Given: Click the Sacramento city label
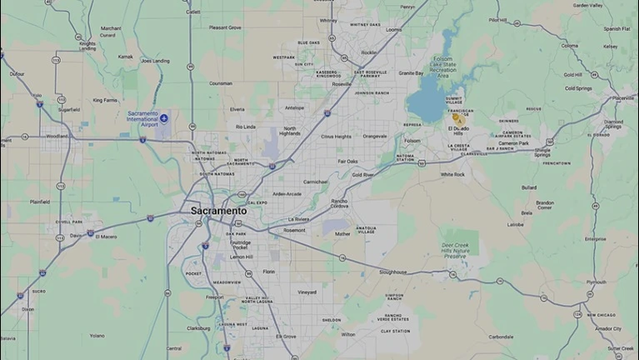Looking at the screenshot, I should pyautogui.click(x=218, y=211).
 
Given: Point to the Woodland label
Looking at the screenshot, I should pyautogui.click(x=57, y=136).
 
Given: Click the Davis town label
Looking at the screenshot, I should pyautogui.click(x=76, y=235).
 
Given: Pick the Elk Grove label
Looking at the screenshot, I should pyautogui.click(x=286, y=336).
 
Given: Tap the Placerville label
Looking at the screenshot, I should pyautogui.click(x=622, y=97).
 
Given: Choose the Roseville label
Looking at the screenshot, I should pyautogui.click(x=342, y=84).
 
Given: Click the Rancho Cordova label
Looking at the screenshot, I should pyautogui.click(x=339, y=203).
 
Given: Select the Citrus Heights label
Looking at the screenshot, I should pyautogui.click(x=336, y=136).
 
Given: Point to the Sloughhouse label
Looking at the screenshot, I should pyautogui.click(x=393, y=272).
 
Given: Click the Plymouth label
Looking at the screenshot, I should pyautogui.click(x=597, y=282).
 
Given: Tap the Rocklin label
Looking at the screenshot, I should pyautogui.click(x=367, y=52).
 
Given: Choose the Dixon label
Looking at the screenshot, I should pyautogui.click(x=28, y=309).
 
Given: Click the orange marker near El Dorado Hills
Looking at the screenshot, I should pyautogui.click(x=457, y=119).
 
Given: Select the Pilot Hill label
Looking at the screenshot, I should pyautogui.click(x=498, y=19).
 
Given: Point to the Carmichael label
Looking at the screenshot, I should pyautogui.click(x=315, y=181).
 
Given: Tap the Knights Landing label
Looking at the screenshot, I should pyautogui.click(x=87, y=44).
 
